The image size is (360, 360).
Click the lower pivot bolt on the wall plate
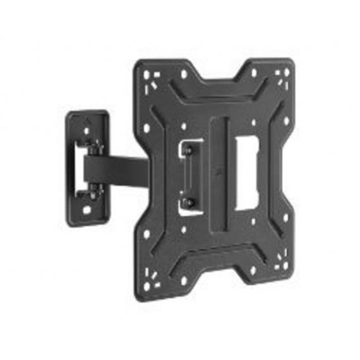[93, 188]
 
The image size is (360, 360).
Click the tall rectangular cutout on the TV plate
[244, 165]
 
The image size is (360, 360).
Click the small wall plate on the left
[85, 165]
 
